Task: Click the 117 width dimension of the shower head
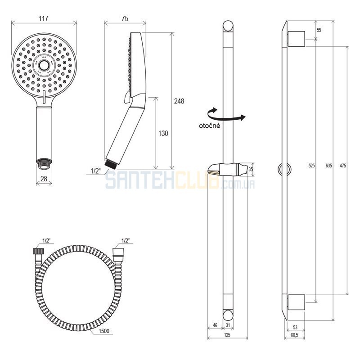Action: pos(44,18)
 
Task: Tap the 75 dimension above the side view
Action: pos(125,18)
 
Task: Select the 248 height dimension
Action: pos(179,101)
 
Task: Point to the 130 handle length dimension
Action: pos(163,133)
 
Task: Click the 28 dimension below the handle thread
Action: pos(44,178)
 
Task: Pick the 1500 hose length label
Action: pos(104,331)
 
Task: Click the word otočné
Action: pos(209,126)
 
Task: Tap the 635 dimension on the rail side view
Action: pos(329,165)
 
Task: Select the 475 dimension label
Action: pos(342,165)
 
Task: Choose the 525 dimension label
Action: pos(311,165)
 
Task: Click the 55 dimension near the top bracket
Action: pos(319,30)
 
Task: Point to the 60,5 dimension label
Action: pos(294,335)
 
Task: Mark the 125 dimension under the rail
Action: pos(227,335)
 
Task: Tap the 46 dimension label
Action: pos(215,325)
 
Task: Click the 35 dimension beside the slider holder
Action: pos(251,170)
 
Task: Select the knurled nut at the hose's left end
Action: pos(37,251)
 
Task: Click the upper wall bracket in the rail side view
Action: pos(296,39)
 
